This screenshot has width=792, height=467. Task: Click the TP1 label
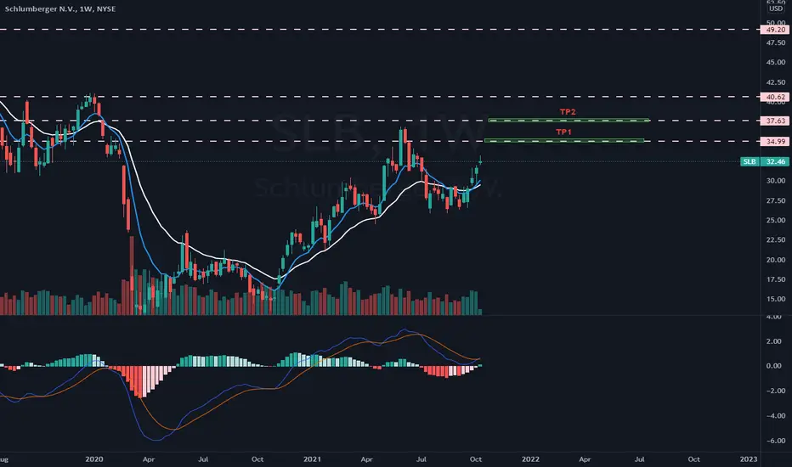pos(564,132)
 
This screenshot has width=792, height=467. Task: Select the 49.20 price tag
pos(774,29)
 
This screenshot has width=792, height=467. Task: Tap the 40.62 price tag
pos(774,98)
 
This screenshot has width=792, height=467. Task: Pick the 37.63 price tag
pos(774,121)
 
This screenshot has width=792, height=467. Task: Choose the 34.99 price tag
pos(774,141)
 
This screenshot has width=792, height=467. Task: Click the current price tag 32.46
pos(774,161)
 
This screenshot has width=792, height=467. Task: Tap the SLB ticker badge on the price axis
pos(749,161)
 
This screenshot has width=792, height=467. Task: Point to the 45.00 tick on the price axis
pos(774,62)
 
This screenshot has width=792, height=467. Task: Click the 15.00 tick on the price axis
pos(774,299)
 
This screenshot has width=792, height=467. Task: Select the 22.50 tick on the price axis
pos(774,239)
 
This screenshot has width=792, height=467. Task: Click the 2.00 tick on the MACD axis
pos(775,341)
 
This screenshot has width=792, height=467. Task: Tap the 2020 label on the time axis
pos(94,458)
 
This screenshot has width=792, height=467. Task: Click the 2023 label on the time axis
pos(749,458)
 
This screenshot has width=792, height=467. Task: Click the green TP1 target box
pos(566,140)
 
